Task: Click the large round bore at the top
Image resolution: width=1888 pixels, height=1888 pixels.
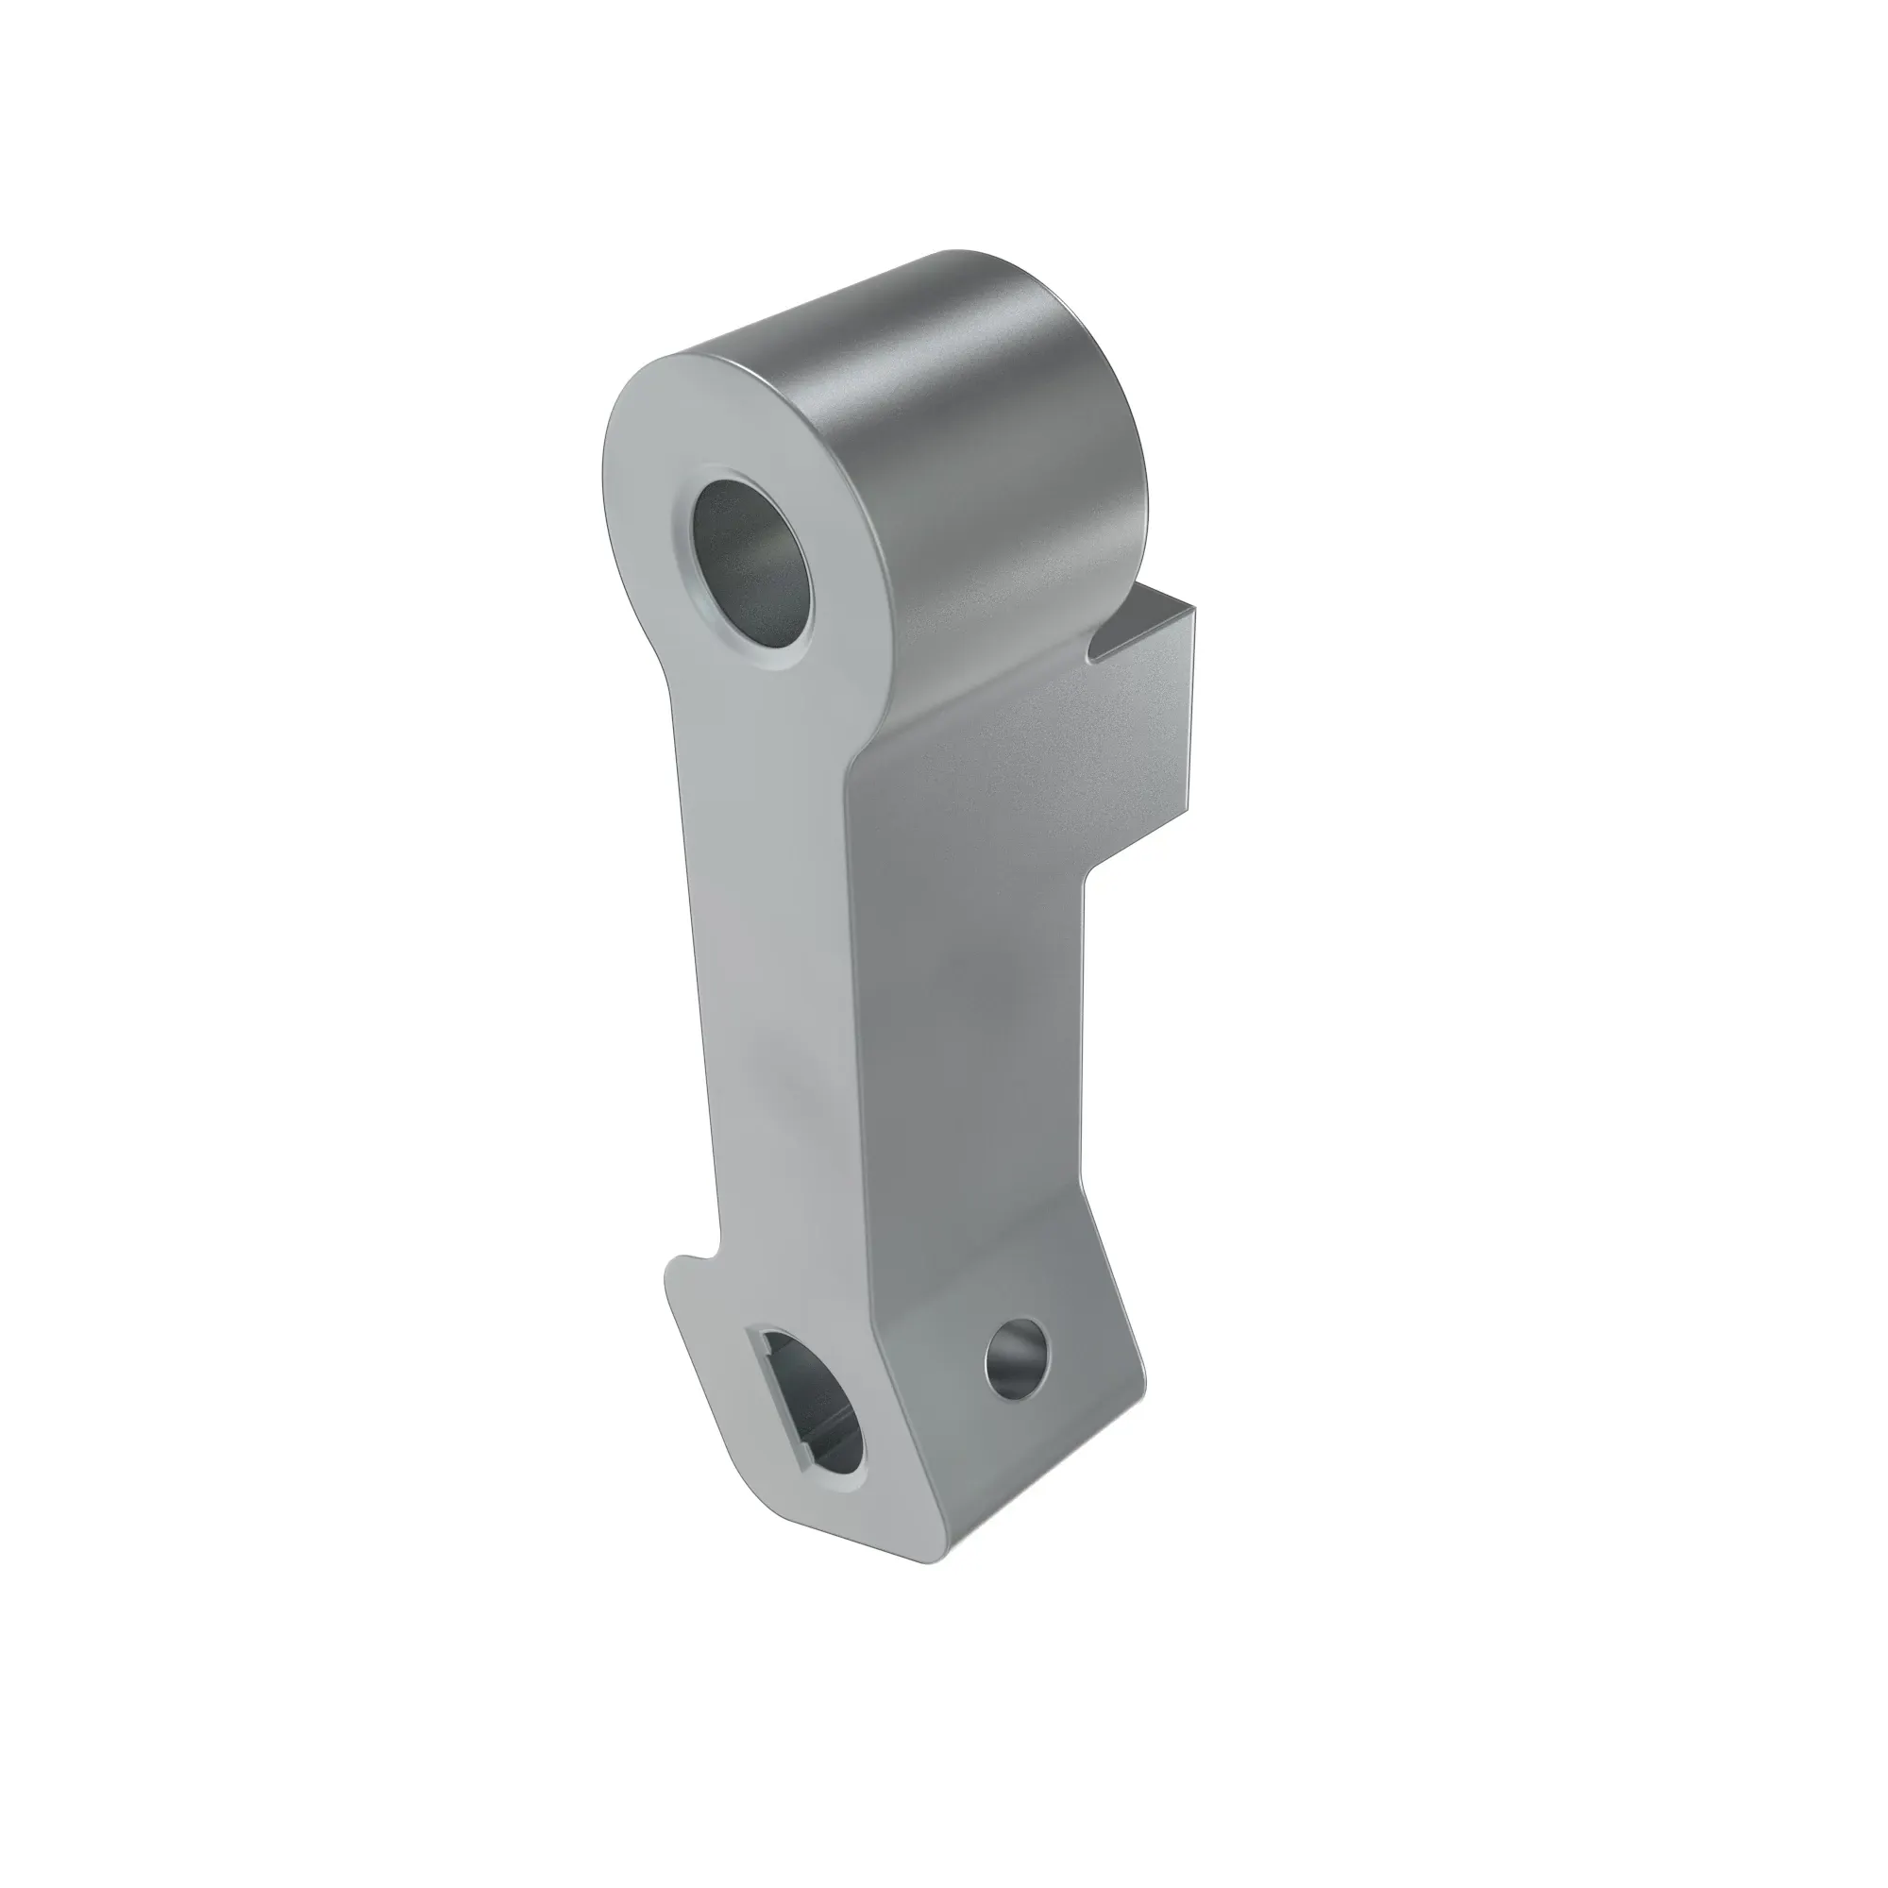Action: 751,556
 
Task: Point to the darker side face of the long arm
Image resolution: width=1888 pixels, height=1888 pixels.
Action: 968,1026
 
